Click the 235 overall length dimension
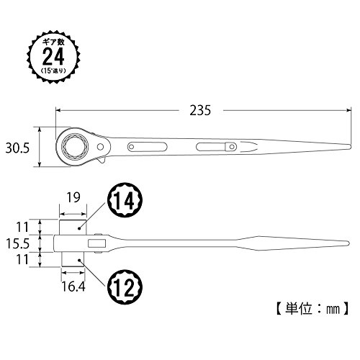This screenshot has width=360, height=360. coord(200,111)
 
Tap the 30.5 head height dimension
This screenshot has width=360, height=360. coord(17,148)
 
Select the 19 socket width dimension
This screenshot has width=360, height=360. coord(73,197)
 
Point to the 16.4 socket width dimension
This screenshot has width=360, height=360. coord(73,286)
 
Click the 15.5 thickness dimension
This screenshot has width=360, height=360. coord(17,243)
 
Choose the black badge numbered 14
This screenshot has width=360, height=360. coord(125,200)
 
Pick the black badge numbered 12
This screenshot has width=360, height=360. coord(125,287)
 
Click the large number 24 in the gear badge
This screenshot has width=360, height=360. coord(53,56)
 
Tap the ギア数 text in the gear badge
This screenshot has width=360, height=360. coord(53,42)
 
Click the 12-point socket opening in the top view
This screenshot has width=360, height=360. coord(75,146)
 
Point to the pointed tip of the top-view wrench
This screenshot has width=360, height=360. coord(351,146)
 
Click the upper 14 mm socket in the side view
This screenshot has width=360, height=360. coord(73,227)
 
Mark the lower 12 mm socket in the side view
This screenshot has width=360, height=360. coord(73,259)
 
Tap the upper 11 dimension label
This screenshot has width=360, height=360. coord(22,227)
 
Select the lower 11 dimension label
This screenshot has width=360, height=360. coord(22,260)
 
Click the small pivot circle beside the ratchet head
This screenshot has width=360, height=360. coord(100,146)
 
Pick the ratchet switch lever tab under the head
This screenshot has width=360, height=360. coord(102,161)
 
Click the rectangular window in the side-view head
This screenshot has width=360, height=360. coord(97,243)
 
